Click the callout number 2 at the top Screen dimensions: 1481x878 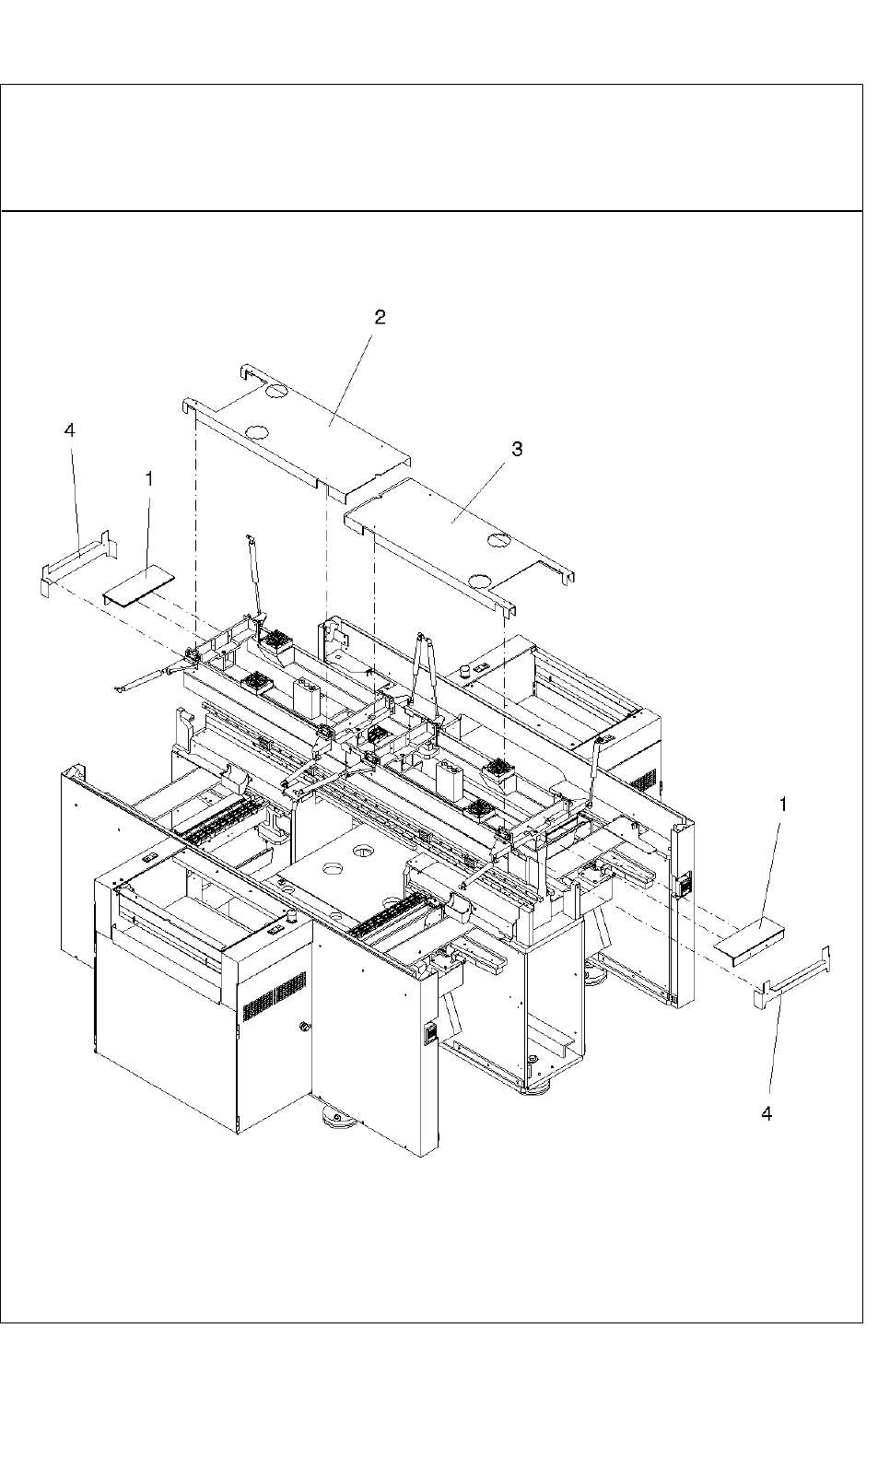coord(380,318)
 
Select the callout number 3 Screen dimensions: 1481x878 coord(517,449)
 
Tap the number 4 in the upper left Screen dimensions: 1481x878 coord(69,430)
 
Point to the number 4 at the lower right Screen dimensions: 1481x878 coord(767,1113)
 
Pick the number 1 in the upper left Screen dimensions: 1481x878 coord(149,478)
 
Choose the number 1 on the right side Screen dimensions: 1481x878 coord(784,805)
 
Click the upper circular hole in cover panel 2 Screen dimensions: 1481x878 coord(275,392)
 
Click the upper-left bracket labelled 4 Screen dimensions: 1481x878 coord(78,561)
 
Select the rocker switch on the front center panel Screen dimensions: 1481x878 coord(427,1033)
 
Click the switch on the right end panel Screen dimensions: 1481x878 coord(682,886)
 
